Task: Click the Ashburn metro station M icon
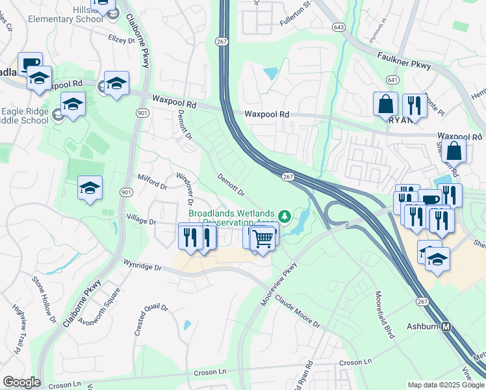click(446, 327)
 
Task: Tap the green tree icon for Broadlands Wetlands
click(284, 215)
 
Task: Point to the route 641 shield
click(390, 79)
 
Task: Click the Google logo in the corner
click(21, 382)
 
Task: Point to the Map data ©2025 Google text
click(445, 385)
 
